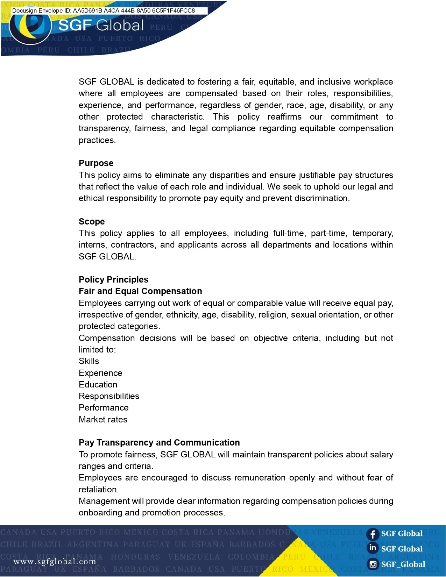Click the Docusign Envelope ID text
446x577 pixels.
(104, 10)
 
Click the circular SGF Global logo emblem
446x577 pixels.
(31, 27)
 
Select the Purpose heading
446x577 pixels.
(96, 163)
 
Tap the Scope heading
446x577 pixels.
(92, 222)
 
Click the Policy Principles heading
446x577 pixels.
(113, 280)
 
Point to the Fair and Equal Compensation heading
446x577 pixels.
(140, 291)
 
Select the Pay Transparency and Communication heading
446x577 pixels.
(159, 443)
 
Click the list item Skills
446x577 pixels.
(89, 361)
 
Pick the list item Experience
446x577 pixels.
(100, 373)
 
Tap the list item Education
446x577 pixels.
(98, 385)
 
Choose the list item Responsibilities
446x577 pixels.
(109, 396)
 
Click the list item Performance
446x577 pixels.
(104, 408)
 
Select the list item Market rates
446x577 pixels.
(103, 420)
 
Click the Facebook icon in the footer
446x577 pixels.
(373, 534)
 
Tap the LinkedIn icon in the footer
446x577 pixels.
(373, 548)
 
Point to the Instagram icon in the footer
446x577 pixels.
(373, 564)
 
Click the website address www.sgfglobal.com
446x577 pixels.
(55, 562)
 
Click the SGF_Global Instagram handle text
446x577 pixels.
(403, 564)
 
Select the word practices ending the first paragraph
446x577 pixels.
(97, 140)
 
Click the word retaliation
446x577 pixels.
(98, 490)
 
